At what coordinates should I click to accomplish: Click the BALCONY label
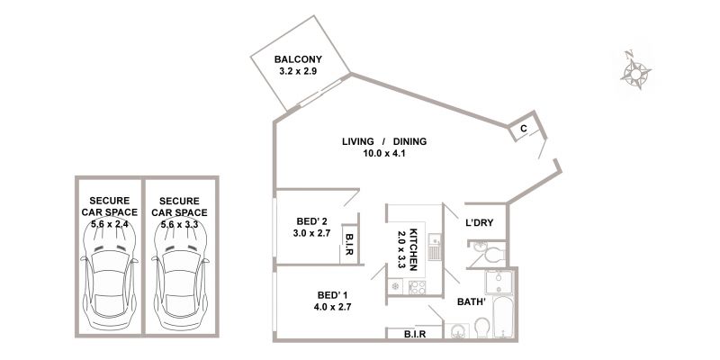click(298, 59)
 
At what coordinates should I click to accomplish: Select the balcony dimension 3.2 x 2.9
click(298, 71)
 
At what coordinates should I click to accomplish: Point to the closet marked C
click(524, 129)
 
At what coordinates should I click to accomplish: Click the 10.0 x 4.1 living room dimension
click(384, 153)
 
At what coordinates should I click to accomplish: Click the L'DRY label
click(480, 223)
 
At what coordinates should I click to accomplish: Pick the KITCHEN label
click(413, 249)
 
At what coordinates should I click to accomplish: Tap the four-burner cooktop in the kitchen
click(417, 287)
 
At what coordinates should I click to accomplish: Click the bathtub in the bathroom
click(503, 317)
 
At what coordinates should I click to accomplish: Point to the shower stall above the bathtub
click(499, 282)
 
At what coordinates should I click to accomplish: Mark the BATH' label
click(472, 302)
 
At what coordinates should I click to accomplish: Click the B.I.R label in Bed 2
click(348, 244)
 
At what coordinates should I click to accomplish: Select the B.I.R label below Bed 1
click(415, 334)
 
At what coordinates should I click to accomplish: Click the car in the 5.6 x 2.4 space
click(110, 275)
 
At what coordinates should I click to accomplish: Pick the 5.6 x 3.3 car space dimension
click(179, 224)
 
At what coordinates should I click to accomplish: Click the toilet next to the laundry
click(491, 255)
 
